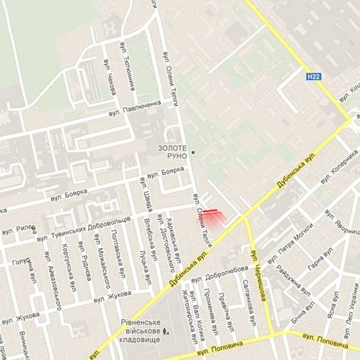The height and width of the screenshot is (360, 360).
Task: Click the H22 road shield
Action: pos(313,77)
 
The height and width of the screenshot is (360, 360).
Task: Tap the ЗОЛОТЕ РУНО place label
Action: pos(173,152)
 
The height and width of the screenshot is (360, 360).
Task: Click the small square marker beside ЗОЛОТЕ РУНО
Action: pos(193,153)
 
